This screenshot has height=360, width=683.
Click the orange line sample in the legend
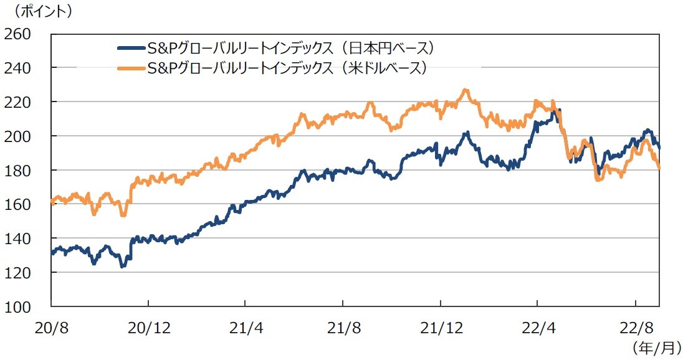pyautogui.click(x=131, y=68)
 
